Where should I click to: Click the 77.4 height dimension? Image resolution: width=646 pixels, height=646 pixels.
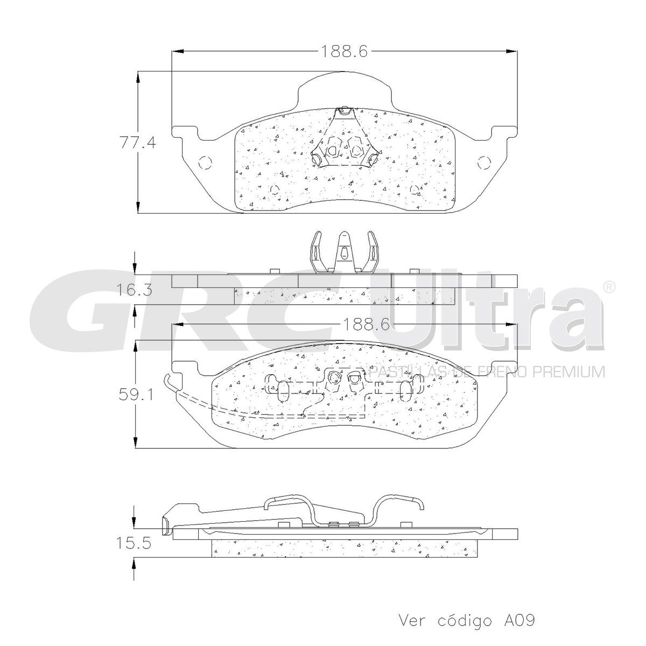click(x=138, y=144)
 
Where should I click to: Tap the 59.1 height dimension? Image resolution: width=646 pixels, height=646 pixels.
click(x=136, y=395)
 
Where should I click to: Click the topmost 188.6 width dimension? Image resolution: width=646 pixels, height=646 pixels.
click(x=345, y=51)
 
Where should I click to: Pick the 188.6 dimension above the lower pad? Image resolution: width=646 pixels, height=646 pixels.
click(x=366, y=324)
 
